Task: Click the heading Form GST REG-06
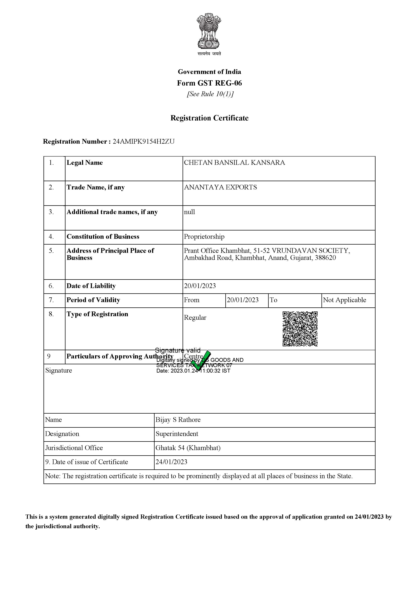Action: coord(209,83)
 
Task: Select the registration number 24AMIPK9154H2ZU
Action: coord(144,142)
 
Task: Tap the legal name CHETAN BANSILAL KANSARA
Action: coord(234,163)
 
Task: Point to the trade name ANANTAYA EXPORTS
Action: coord(220,187)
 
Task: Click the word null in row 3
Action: coord(189,212)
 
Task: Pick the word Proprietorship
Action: coord(204,237)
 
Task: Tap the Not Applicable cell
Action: coord(344,300)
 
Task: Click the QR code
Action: coord(300,329)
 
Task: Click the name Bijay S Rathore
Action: coord(178,420)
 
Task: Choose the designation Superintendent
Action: coord(177,434)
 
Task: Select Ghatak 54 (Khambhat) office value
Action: coord(188,448)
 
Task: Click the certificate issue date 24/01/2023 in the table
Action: coord(171,462)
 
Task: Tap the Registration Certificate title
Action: coord(209,118)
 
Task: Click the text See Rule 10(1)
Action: coord(210,94)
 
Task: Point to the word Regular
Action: coord(195,318)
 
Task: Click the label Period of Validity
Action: coord(93,300)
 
